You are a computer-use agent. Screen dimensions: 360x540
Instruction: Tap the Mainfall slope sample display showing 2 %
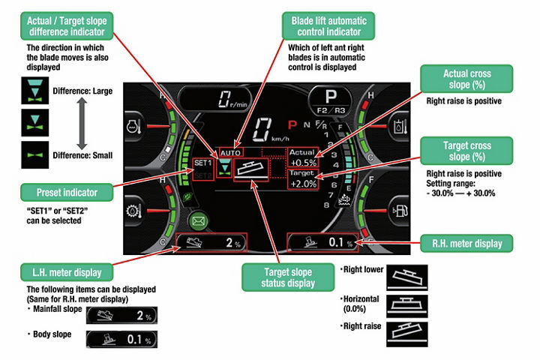tap(119, 315)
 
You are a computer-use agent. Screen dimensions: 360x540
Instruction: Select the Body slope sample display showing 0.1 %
tap(119, 339)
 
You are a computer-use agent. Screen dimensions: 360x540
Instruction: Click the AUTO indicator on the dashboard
tap(231, 152)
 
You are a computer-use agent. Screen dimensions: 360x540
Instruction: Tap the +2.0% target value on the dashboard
tap(303, 182)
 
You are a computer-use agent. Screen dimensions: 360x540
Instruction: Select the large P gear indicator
tap(331, 98)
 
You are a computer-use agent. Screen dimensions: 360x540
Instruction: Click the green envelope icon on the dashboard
tap(199, 221)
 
